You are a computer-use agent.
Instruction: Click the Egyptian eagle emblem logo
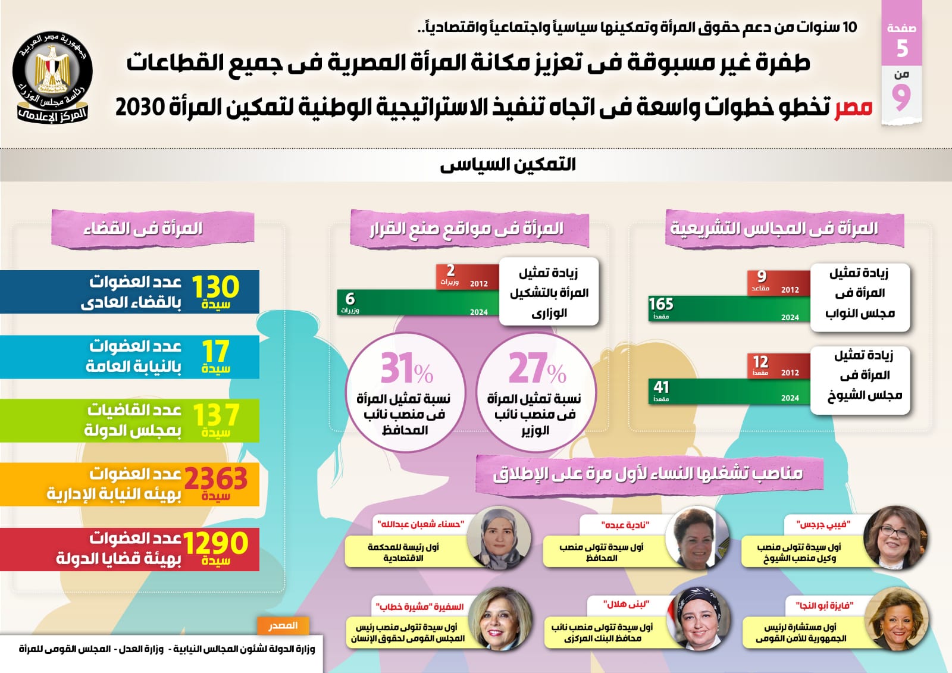[52, 77]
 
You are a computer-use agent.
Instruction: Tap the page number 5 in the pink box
[902, 48]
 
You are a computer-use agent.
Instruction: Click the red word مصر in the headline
[853, 108]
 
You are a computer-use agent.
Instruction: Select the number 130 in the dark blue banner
[215, 287]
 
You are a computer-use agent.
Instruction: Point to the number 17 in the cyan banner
[215, 351]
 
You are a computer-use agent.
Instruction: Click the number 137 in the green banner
[215, 414]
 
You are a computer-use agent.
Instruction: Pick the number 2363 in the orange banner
[215, 478]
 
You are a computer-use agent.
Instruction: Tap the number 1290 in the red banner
[215, 543]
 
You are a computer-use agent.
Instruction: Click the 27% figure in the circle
[537, 368]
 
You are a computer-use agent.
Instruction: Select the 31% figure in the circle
[406, 368]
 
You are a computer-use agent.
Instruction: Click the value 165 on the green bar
[661, 304]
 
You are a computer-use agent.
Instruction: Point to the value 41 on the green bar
[661, 387]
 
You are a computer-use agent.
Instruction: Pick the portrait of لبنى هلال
[697, 618]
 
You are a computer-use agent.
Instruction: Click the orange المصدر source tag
[283, 625]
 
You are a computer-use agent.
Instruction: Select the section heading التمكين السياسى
[508, 165]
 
